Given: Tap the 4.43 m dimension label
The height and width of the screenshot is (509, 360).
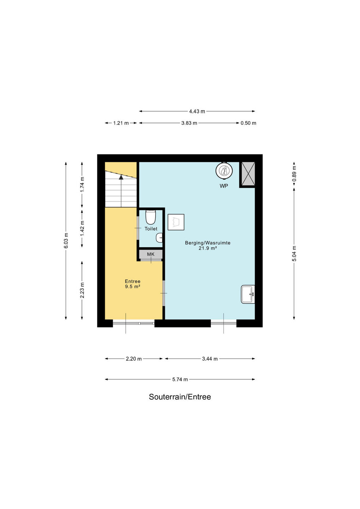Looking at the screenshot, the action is (197, 111).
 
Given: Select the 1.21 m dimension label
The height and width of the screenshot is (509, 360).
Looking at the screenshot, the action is (121, 123).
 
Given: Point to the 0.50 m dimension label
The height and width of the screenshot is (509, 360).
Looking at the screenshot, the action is (248, 123).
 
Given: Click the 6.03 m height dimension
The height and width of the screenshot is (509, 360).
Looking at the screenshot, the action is (66, 241).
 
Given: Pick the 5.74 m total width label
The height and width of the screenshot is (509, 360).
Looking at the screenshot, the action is (180, 380).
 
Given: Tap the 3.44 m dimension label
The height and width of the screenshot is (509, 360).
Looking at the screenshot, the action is (210, 359).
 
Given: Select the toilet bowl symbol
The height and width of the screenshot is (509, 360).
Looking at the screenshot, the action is (150, 217).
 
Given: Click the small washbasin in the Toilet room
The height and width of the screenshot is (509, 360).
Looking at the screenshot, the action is (159, 238).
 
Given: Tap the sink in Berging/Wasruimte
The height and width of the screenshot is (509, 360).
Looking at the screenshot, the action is (248, 294).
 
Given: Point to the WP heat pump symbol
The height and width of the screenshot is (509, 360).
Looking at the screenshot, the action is (224, 170).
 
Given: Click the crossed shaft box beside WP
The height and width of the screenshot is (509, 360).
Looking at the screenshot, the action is (248, 174).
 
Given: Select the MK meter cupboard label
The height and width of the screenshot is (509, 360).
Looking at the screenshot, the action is (151, 254).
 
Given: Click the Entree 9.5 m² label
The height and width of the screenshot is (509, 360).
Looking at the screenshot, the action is (133, 284).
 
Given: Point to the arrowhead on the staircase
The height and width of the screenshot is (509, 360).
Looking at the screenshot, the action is (121, 177).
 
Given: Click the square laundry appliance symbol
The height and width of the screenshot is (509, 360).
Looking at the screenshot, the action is (176, 222).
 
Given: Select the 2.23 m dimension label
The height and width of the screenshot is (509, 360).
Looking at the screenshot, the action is (82, 291).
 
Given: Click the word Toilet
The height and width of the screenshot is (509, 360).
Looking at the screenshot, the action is (151, 229).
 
